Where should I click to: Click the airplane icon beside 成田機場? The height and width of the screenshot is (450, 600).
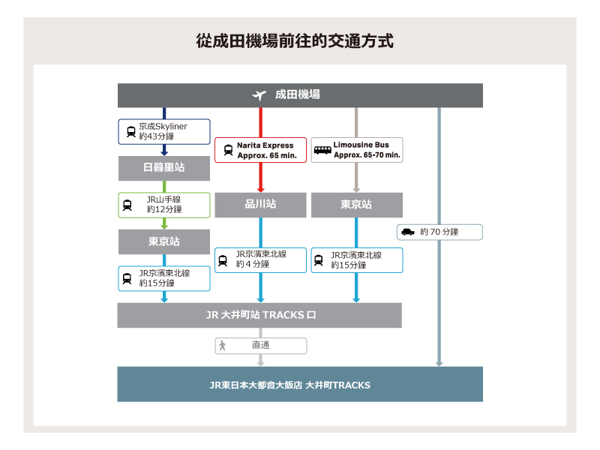pos(259,95)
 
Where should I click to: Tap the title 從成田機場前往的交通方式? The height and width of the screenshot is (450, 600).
pos(299,40)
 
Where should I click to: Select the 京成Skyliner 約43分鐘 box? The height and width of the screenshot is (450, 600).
pos(164,131)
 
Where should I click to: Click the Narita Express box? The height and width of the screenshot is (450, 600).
pos(260,150)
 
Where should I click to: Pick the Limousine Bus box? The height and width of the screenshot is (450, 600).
pos(356,150)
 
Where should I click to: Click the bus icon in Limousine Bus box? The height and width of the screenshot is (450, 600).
pos(322,150)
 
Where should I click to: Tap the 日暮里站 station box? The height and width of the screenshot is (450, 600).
pos(163,168)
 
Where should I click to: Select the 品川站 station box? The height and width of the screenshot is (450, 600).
pos(260,205)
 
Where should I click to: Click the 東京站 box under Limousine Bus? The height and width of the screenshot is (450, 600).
pos(356,205)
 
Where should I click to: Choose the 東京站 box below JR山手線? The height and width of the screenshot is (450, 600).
pos(163,241)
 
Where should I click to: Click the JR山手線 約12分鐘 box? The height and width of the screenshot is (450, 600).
pos(164,205)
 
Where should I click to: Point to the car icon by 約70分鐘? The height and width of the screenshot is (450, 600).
pos(408,232)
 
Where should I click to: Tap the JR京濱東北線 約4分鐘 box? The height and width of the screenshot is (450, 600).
pos(260,259)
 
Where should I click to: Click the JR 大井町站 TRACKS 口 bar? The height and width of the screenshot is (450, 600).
pos(259,315)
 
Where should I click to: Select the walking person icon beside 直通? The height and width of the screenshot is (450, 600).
pos(222,346)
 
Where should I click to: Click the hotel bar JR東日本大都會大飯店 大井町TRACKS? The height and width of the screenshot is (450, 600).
pos(300,385)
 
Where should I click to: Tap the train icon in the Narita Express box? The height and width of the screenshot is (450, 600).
pos(228,150)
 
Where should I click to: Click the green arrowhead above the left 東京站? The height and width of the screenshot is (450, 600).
pos(164,224)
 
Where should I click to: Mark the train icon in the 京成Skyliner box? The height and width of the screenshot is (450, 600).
pos(131,131)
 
